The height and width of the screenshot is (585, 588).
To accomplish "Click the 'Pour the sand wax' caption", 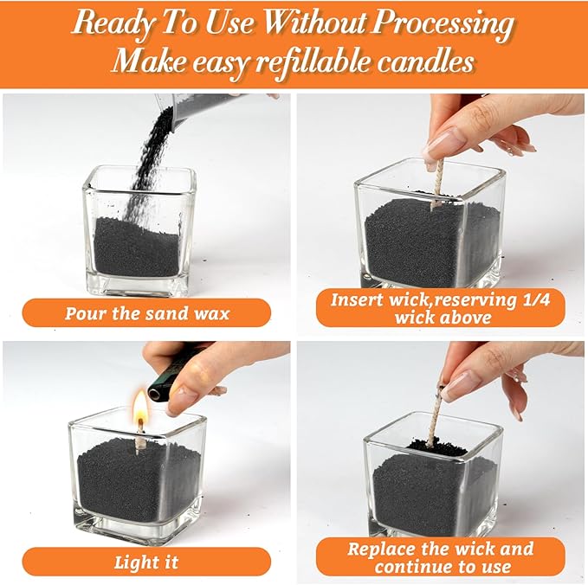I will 147,312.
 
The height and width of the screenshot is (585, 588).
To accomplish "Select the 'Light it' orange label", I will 147,562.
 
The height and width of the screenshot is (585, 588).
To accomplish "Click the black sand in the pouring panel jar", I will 139,247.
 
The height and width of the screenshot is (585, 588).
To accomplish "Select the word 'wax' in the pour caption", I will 210,312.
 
